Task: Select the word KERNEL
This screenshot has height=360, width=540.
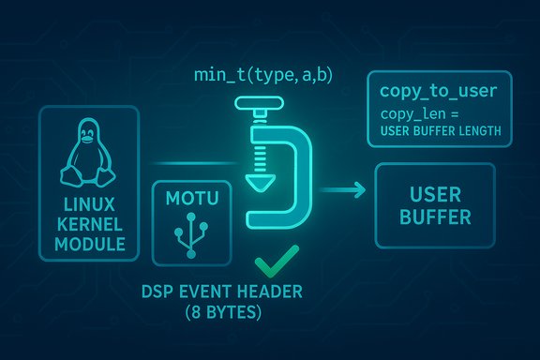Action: (x=87, y=224)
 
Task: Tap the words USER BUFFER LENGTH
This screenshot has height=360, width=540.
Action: (x=440, y=130)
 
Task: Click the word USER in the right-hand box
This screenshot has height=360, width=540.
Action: (x=433, y=196)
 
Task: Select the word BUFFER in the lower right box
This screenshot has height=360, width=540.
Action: (x=433, y=218)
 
